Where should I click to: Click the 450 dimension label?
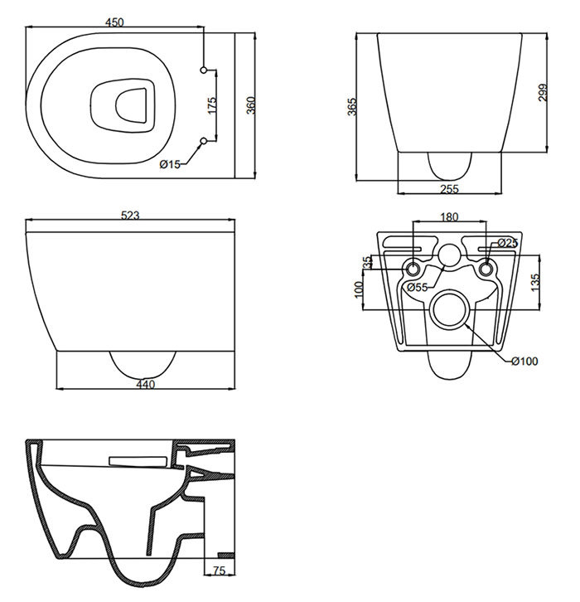[114, 22]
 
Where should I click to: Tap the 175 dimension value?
[211, 105]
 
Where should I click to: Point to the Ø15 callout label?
[170, 164]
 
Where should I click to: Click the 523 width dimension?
[130, 215]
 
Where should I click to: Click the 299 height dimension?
[543, 92]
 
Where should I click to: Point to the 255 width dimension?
[450, 189]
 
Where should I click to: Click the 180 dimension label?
[448, 218]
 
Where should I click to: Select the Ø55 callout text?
[417, 287]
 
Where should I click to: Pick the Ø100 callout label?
[524, 361]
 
